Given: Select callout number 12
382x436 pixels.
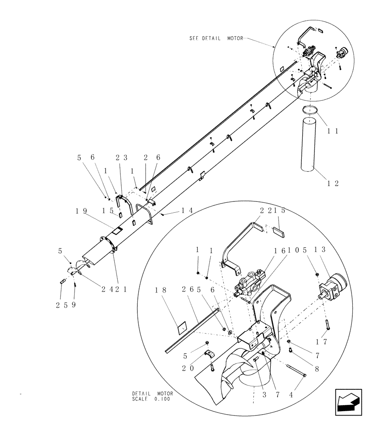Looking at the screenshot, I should (x=333, y=184).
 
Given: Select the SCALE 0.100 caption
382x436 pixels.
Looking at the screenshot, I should (x=152, y=399).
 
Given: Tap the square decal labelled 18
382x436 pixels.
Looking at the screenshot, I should (x=182, y=327).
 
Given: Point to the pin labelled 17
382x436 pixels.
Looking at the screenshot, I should (x=326, y=324).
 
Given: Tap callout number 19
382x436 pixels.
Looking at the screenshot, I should (x=82, y=211).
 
